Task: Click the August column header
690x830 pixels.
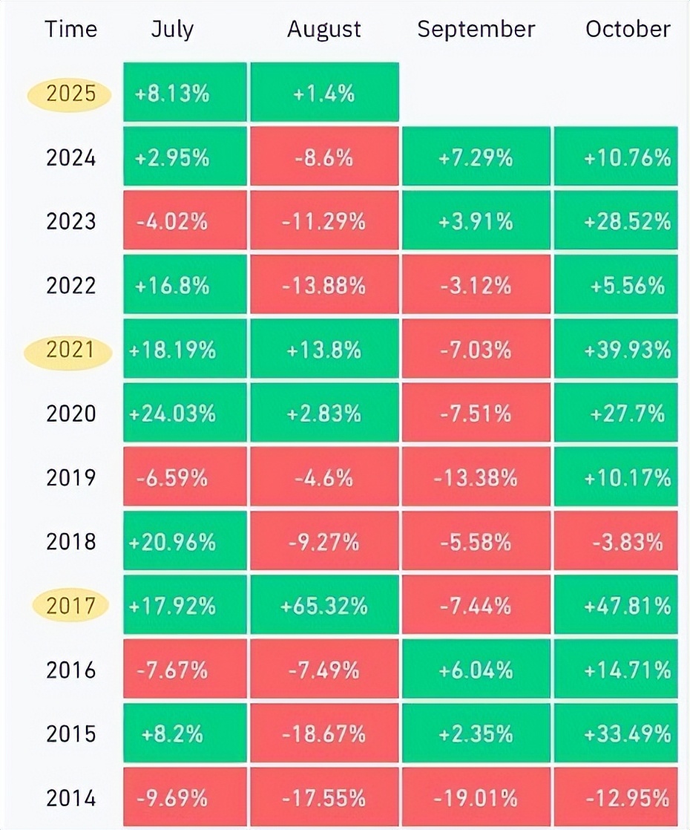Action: (324, 30)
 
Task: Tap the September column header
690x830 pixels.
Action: (476, 30)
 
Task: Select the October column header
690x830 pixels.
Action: (628, 30)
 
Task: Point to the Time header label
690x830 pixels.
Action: (71, 30)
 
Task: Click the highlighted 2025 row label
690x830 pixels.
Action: (70, 94)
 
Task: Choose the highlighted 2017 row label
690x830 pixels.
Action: (70, 606)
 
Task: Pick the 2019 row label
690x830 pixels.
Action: (70, 477)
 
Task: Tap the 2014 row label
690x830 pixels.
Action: (70, 798)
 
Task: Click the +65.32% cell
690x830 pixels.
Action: (324, 606)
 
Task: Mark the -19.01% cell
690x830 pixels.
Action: (476, 798)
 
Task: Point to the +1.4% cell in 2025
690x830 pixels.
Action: (324, 94)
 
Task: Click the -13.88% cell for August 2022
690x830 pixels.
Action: (324, 286)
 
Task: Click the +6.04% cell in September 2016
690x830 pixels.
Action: (476, 670)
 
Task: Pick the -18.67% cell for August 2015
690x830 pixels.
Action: (324, 733)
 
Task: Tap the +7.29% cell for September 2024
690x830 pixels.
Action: (476, 158)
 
